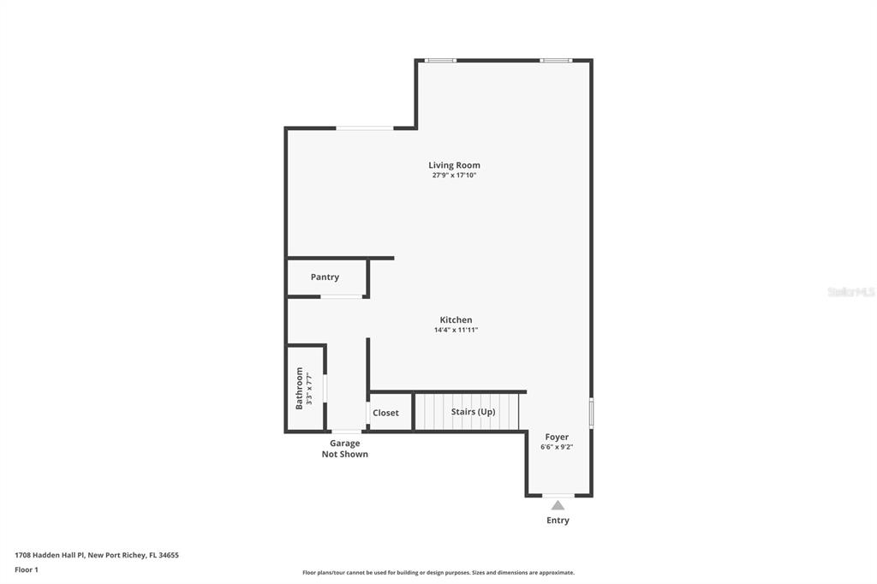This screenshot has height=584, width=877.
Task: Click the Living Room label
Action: [x=454, y=165]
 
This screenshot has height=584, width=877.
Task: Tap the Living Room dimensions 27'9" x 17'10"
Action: [x=454, y=175]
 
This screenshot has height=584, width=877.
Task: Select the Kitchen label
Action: [x=456, y=320]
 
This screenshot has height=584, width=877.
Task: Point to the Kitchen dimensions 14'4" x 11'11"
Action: [x=456, y=330]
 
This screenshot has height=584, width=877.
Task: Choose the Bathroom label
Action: [x=299, y=388]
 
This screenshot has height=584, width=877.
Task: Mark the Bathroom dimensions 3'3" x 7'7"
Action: [x=309, y=388]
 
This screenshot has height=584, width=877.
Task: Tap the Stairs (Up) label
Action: [x=473, y=412]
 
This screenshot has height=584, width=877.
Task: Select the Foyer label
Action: [x=557, y=437]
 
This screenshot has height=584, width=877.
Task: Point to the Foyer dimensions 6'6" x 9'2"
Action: [x=557, y=447]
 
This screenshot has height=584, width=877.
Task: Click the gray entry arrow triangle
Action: [x=558, y=505]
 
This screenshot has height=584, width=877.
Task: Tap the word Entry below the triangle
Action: [x=558, y=521]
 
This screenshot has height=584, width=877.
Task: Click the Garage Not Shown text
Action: [x=344, y=449]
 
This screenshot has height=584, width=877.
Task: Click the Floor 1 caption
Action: [x=27, y=570]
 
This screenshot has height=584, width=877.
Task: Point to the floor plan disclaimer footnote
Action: [x=438, y=573]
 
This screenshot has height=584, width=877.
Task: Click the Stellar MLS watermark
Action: [x=851, y=292]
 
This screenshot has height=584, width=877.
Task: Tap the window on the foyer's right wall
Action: [x=591, y=414]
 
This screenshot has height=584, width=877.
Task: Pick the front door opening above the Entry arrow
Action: [x=558, y=496]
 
